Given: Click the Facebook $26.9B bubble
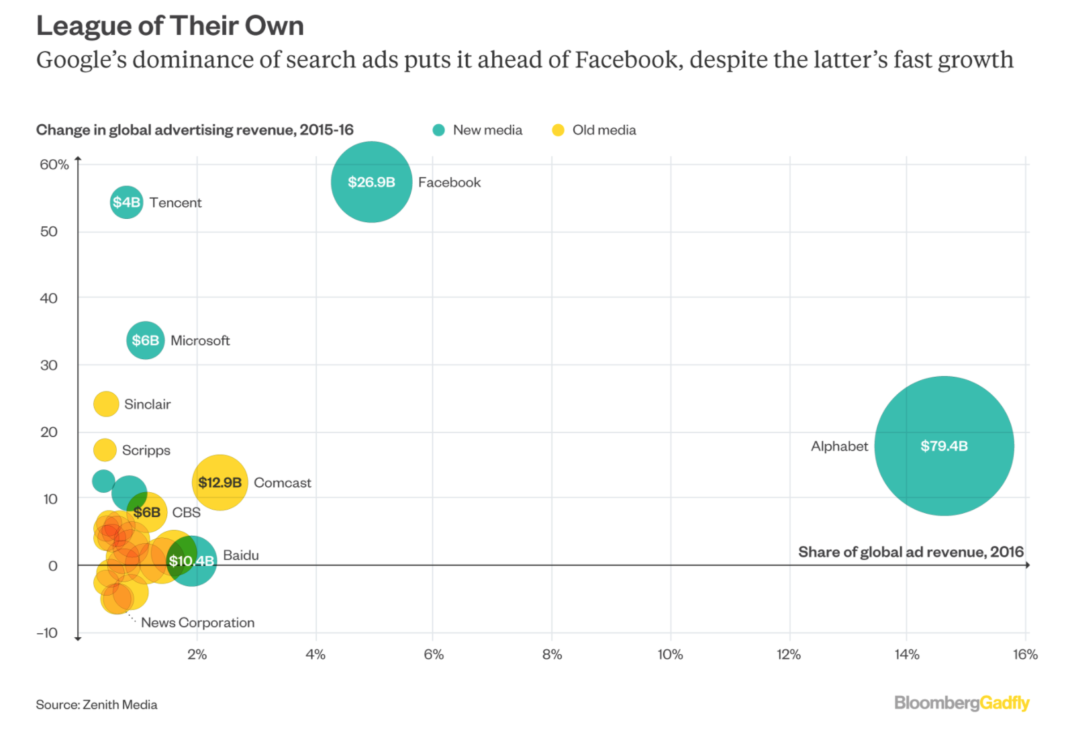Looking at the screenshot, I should click(x=371, y=182).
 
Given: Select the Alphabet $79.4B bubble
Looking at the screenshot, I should click(x=944, y=446).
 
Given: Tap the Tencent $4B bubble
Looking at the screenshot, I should click(x=126, y=202).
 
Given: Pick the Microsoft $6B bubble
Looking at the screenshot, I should click(x=145, y=340).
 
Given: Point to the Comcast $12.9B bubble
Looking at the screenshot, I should click(x=220, y=482).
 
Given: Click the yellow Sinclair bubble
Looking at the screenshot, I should click(x=106, y=404).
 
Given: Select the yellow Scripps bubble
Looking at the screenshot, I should click(x=105, y=450).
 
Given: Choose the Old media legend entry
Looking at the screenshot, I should click(x=594, y=130).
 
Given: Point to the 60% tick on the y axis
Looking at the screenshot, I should click(x=54, y=165).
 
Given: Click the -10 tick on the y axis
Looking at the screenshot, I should click(x=48, y=633).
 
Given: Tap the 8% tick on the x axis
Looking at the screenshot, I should click(x=552, y=655).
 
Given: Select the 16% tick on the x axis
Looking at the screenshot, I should click(x=1025, y=655).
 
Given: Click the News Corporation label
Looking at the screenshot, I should click(x=197, y=622).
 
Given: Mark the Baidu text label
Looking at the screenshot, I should click(x=241, y=555).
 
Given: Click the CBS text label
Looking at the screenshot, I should click(x=186, y=512).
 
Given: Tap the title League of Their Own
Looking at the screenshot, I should click(x=170, y=26).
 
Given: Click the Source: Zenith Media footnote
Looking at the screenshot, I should click(x=97, y=704).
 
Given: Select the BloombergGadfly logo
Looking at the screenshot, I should click(x=961, y=703).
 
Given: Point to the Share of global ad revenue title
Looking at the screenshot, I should click(x=910, y=552).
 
